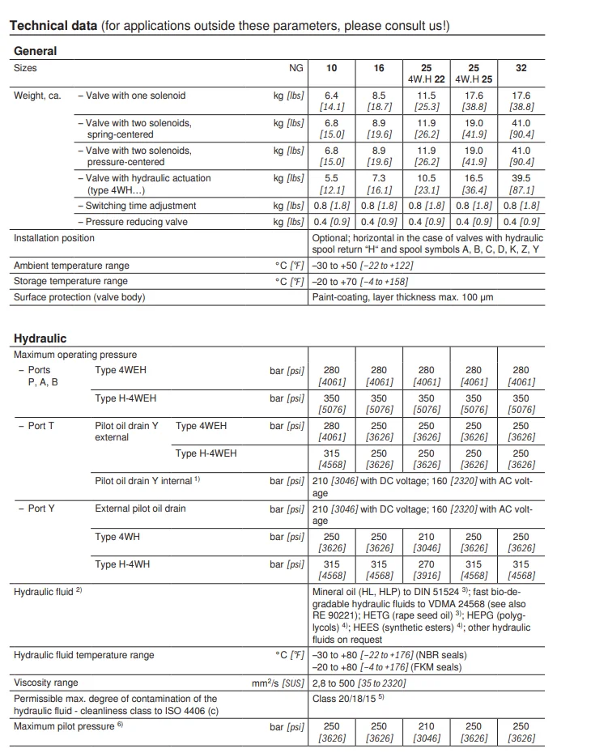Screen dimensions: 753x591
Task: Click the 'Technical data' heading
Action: pyautogui.click(x=53, y=26)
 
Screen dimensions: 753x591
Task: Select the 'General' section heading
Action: pyautogui.click(x=36, y=51)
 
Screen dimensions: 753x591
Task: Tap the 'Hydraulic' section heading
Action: pyautogui.click(x=40, y=338)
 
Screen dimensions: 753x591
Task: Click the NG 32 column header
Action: pyautogui.click(x=521, y=68)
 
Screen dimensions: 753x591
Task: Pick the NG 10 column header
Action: pyautogui.click(x=332, y=68)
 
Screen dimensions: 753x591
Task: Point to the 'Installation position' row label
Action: pyautogui.click(x=54, y=238)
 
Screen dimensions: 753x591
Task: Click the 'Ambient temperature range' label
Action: pyautogui.click(x=71, y=266)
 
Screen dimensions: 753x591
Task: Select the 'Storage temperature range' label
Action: pyautogui.click(x=70, y=281)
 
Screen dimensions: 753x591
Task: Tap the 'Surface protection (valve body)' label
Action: pyautogui.click(x=79, y=296)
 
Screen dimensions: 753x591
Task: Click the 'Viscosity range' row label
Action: pyautogui.click(x=46, y=683)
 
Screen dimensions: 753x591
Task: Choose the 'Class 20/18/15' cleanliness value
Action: pyautogui.click(x=348, y=698)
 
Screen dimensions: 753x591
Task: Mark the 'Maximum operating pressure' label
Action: pyautogui.click(x=75, y=355)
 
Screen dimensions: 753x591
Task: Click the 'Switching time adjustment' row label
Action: pyautogui.click(x=141, y=206)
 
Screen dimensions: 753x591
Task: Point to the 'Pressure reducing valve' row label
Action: pyautogui.click(x=136, y=222)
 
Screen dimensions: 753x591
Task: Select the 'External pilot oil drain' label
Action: pyautogui.click(x=140, y=508)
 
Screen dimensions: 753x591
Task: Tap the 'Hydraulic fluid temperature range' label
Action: pyautogui.click(x=84, y=655)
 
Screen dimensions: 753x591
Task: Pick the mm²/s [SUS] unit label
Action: pyautogui.click(x=278, y=683)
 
